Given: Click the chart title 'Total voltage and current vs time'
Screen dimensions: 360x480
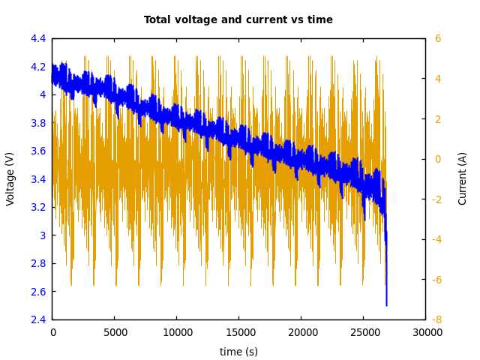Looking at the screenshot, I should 238,20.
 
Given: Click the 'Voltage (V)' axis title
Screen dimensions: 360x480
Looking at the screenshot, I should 10,178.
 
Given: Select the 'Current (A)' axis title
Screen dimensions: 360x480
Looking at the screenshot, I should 463,178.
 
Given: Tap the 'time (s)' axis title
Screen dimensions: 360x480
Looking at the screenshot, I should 238,352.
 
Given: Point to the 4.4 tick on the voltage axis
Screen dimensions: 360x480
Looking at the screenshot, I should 38,38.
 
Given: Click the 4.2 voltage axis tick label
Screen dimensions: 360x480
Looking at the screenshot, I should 38,67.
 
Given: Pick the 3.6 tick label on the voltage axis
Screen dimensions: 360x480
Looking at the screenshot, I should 38,151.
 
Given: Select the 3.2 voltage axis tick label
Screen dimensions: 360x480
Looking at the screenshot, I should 38,207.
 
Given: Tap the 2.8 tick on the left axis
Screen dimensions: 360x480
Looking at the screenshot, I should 38,263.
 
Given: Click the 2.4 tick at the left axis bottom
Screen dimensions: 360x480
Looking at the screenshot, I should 38,319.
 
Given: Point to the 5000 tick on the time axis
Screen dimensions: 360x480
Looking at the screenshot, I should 115,332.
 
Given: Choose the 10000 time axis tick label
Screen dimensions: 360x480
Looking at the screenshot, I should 177,332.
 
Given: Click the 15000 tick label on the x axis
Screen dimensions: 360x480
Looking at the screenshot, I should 239,332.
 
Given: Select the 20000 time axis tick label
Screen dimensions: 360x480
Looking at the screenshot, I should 301,332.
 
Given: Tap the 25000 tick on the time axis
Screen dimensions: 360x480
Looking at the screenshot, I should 364,332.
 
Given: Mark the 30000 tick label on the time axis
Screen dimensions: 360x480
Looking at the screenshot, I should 426,332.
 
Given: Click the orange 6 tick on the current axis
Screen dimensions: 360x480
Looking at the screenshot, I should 438,38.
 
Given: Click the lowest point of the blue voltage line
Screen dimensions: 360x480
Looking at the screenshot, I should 387,305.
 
